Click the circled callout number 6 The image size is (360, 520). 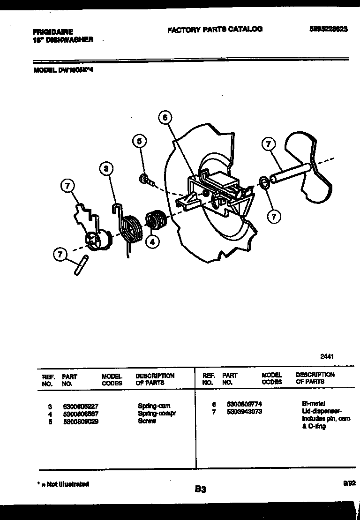(165, 118)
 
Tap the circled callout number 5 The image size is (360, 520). (139, 141)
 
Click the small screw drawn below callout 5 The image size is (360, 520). (145, 179)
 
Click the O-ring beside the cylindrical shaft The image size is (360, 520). (264, 182)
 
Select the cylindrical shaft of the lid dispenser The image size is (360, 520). (290, 173)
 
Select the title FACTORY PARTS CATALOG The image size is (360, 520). (215, 29)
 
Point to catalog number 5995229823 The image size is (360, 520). (328, 29)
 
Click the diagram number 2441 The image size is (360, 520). (327, 356)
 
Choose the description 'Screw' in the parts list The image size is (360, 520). (147, 421)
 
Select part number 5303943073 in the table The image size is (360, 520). (244, 411)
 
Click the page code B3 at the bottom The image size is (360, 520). (200, 490)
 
